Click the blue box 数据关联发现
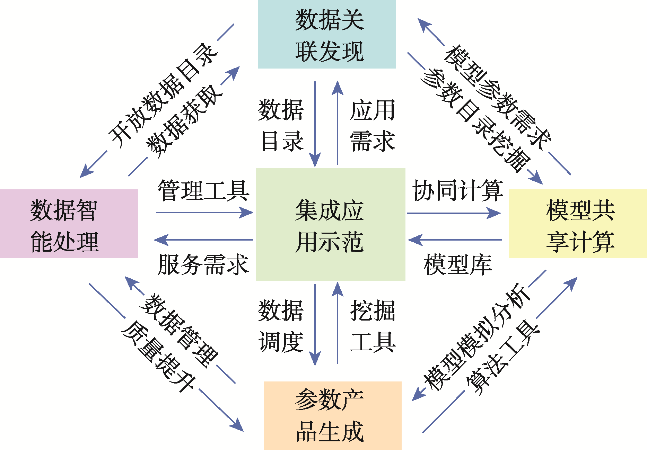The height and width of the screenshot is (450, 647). coord(326,34)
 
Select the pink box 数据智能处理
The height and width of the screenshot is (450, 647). coord(69,224)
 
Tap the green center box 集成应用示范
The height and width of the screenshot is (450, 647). coord(330,225)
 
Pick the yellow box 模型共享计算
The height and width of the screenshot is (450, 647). coord(578,224)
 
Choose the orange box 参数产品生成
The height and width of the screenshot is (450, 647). coord(332,415)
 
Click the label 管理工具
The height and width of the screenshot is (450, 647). coord(203,190)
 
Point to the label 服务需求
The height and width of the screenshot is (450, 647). coord(203,265)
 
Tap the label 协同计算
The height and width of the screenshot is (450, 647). coord(458,190)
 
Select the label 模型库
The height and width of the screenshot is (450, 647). coord(458,265)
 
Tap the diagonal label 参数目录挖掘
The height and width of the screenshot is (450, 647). coord(475,119)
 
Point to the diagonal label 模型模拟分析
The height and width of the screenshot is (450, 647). coord(476,337)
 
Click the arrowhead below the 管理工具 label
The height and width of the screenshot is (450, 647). coord(247,213)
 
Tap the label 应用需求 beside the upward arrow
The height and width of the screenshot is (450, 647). coord(373,126)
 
